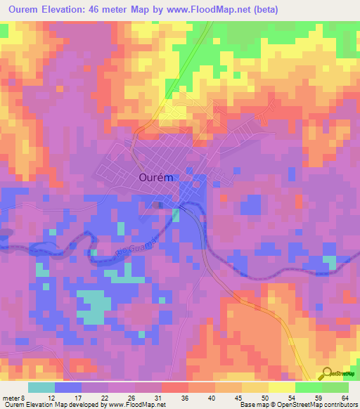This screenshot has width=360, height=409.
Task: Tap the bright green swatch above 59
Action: pos(308,387)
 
